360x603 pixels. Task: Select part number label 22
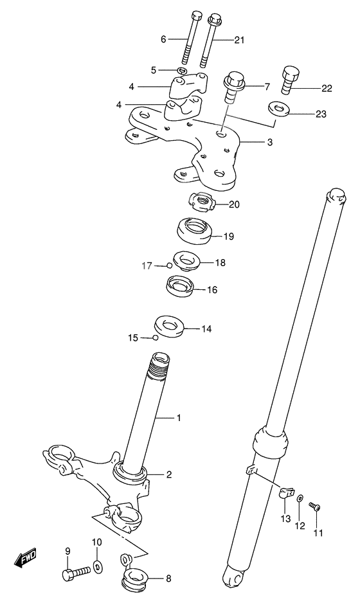(328, 89)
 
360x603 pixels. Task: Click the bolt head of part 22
(290, 73)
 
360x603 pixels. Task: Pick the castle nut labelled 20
(203, 204)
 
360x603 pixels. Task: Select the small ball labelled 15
(155, 336)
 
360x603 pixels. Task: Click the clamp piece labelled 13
(285, 494)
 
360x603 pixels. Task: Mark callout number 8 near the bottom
(168, 579)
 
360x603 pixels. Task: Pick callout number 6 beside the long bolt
(164, 39)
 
